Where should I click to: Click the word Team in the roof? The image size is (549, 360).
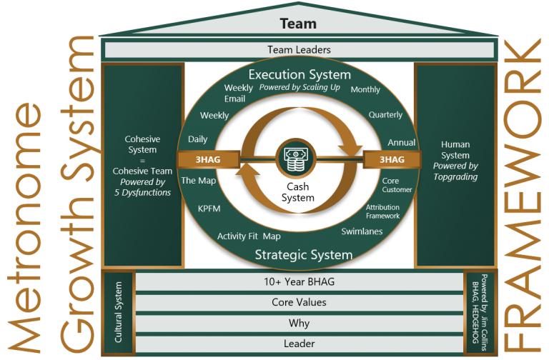point(298,24)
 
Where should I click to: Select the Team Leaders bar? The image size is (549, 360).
point(299,50)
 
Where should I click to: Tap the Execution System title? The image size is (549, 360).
point(299,74)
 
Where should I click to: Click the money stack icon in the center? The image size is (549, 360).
point(295,159)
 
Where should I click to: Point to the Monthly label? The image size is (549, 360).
point(365,90)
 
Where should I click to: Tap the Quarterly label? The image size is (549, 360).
point(385,114)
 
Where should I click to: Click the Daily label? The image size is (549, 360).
point(198,139)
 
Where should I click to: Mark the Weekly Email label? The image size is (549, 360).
point(238,93)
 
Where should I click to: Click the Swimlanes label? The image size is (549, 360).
point(362,231)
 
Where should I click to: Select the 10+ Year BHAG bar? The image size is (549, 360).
point(299,281)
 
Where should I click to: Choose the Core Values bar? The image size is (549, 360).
point(299,302)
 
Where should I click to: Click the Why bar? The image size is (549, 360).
point(299,323)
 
